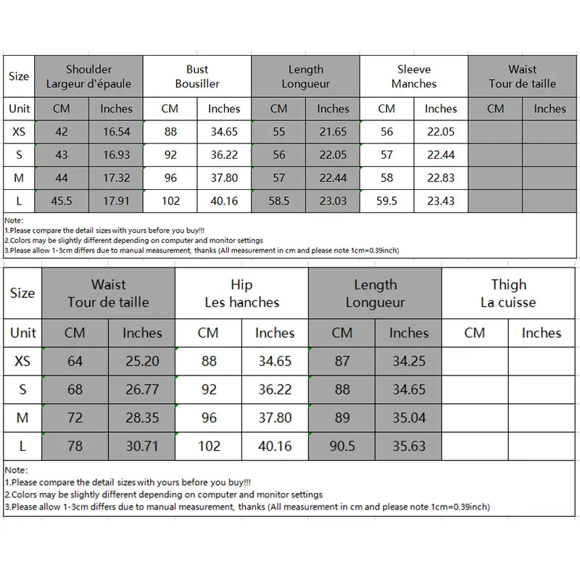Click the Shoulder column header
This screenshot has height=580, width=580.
[x=88, y=76]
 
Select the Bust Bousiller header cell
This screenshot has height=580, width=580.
[x=197, y=76]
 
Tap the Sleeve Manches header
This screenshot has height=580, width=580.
[x=414, y=76]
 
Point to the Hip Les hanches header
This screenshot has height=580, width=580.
[x=241, y=293]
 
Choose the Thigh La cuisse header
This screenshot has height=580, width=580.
[x=508, y=293]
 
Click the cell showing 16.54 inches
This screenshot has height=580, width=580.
[x=116, y=132]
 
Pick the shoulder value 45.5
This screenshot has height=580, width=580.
[x=61, y=201]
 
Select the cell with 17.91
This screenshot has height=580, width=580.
[x=116, y=201]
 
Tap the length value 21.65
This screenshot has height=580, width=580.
[x=333, y=132]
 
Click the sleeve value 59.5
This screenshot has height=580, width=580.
[x=386, y=201]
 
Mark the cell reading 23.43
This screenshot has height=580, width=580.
[x=441, y=201]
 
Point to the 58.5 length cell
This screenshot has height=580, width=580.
[x=278, y=201]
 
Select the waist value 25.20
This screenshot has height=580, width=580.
[x=142, y=361]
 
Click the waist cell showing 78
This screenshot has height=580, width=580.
[x=75, y=446]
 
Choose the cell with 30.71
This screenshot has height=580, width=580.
[x=142, y=446]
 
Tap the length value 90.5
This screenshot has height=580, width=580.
[x=342, y=446]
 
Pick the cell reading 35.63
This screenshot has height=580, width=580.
[x=409, y=446]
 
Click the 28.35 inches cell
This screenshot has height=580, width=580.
[x=142, y=418]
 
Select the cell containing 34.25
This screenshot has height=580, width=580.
[x=409, y=361]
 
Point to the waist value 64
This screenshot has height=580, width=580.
[x=75, y=361]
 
